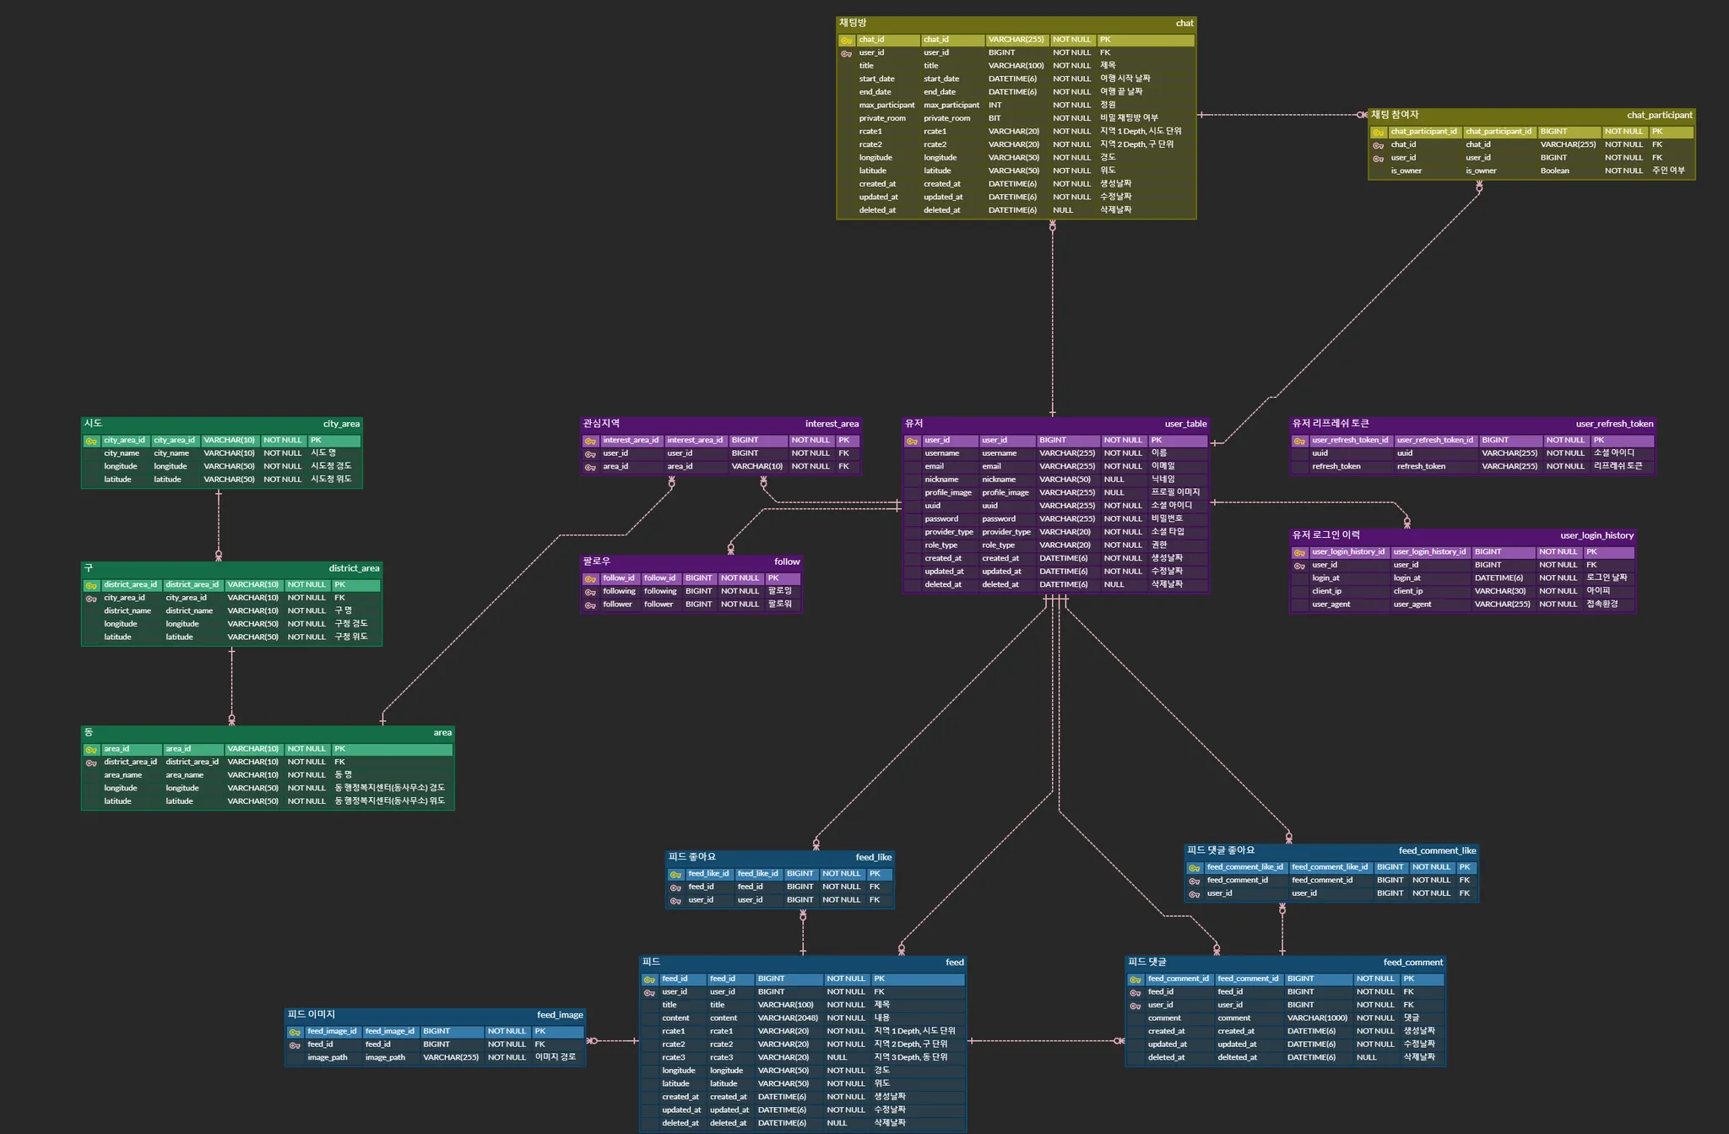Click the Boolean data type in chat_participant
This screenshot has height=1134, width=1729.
[1554, 171]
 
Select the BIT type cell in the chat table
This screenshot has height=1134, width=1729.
[995, 118]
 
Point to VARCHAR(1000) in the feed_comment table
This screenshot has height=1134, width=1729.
[1317, 1018]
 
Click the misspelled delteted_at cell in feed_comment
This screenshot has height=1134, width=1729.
[1237, 1057]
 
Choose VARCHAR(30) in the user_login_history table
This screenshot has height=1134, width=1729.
[1499, 591]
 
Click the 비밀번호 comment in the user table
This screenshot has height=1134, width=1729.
[1167, 518]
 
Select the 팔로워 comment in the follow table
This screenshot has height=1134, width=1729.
[779, 605]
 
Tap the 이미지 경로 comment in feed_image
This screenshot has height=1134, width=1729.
[555, 1057]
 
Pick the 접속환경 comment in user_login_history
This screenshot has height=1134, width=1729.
[1602, 605]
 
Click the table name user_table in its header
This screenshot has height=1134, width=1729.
[1185, 424]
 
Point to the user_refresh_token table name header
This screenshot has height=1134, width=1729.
[1614, 424]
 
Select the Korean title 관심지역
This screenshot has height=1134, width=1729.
[601, 424]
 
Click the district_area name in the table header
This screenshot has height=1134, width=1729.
[354, 568]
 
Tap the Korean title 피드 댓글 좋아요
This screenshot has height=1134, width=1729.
[1220, 850]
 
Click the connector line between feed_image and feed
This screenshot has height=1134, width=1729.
[613, 1041]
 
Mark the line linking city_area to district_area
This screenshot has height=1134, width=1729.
[219, 524]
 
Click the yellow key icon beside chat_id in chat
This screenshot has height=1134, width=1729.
[846, 41]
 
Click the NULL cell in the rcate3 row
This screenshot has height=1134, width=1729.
[837, 1057]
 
